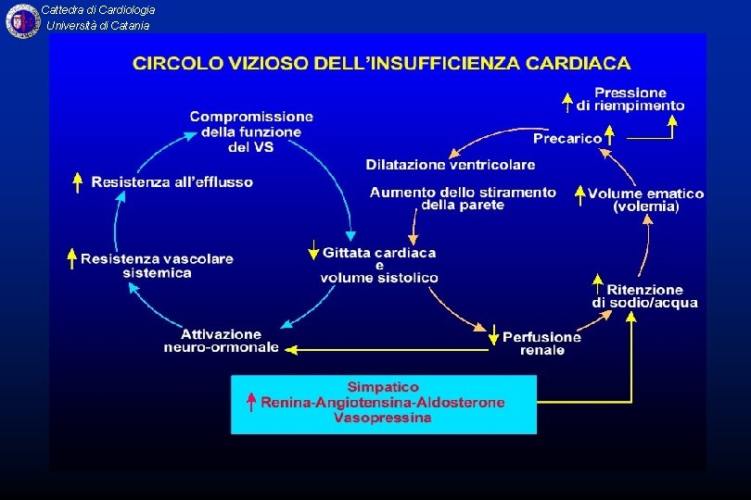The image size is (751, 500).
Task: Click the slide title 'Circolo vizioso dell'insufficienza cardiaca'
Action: click(x=381, y=64)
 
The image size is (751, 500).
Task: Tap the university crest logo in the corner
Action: click(x=22, y=21)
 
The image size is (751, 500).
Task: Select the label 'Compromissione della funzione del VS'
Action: click(x=251, y=131)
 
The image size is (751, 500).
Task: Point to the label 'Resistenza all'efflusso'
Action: click(x=172, y=182)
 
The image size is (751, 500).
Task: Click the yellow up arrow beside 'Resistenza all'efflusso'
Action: click(x=78, y=181)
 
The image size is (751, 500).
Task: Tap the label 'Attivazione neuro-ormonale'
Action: click(x=221, y=341)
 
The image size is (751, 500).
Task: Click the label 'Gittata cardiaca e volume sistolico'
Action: click(x=379, y=265)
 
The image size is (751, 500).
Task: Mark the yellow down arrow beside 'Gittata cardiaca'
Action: click(x=313, y=250)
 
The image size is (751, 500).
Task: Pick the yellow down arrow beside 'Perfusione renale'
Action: click(x=494, y=336)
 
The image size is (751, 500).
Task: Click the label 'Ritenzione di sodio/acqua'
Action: click(x=644, y=296)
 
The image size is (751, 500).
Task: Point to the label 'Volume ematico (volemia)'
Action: click(x=645, y=200)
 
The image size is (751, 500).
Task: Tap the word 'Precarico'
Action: click(x=567, y=139)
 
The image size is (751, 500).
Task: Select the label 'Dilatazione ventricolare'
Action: click(x=450, y=165)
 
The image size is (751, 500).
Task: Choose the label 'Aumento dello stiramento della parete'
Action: click(x=463, y=198)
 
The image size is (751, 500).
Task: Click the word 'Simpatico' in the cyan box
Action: click(x=383, y=387)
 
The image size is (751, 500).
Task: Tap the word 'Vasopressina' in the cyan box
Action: click(x=383, y=419)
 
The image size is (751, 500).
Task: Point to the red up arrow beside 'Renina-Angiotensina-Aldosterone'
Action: click(x=250, y=402)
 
